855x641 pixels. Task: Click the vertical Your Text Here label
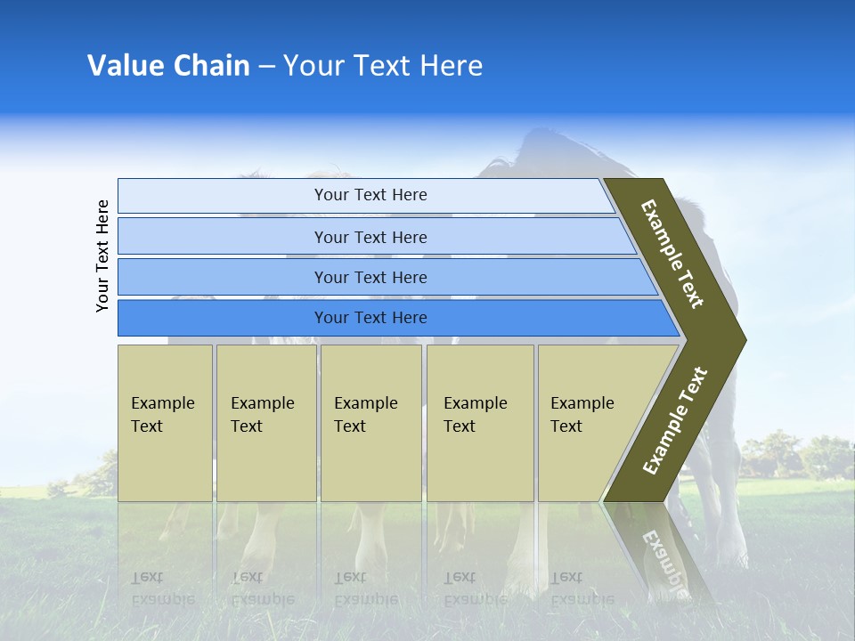coord(102,256)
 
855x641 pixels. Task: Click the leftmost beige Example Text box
coord(165,422)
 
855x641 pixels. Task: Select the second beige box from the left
coord(266,422)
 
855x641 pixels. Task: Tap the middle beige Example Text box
coord(370,422)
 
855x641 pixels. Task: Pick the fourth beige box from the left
coord(480,422)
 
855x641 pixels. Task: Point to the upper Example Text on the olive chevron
coord(673,254)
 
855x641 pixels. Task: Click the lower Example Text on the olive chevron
coord(675,420)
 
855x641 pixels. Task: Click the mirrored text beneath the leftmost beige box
coord(163,588)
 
